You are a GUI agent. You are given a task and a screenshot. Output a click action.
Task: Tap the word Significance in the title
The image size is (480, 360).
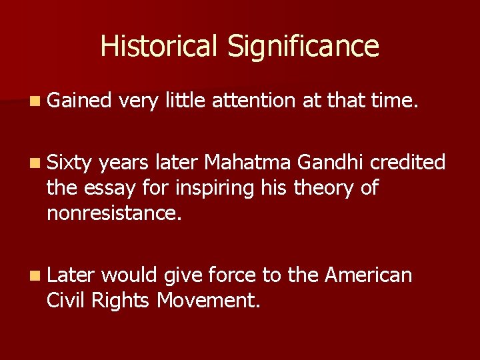[303, 47]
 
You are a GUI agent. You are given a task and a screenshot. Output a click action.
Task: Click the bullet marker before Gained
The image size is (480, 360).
[36, 101]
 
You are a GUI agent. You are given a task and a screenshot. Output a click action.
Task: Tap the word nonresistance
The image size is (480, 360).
[114, 213]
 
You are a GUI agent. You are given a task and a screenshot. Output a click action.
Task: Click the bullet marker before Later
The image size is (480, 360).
[36, 275]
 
